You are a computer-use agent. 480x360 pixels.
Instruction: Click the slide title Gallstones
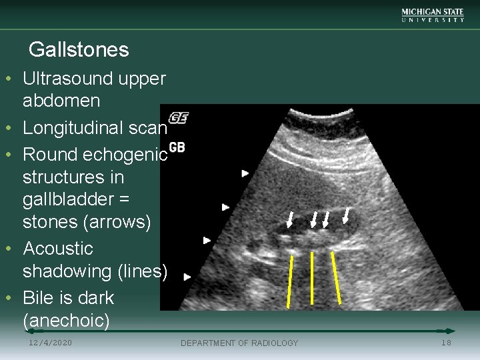point(79,49)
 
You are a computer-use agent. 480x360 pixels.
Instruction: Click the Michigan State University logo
point(433,15)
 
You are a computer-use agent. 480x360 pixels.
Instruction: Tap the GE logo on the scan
point(179,117)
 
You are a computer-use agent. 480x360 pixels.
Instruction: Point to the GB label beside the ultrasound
point(177,147)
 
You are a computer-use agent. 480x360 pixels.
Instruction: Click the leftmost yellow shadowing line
point(290,281)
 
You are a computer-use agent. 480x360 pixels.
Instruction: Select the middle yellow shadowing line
point(312,279)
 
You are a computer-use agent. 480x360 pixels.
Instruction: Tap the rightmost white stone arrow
point(346,215)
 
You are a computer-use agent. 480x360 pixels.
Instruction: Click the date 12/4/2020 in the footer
point(51,343)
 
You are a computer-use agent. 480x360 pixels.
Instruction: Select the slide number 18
point(446,343)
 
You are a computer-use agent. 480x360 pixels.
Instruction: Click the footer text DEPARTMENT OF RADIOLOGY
point(239,343)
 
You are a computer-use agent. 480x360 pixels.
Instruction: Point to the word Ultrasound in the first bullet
point(70,79)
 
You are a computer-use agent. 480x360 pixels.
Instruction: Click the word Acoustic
point(58,249)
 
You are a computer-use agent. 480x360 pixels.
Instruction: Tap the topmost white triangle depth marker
point(245,173)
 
